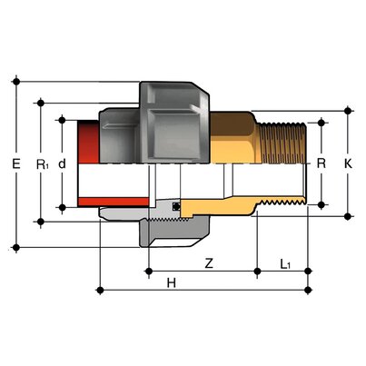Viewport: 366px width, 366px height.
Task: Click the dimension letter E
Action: click(x=15, y=164)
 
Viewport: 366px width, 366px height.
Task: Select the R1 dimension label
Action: click(x=41, y=164)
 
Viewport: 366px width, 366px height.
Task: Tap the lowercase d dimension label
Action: click(x=62, y=164)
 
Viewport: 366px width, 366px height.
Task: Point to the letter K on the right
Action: click(x=348, y=164)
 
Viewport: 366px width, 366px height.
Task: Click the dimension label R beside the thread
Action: click(x=321, y=164)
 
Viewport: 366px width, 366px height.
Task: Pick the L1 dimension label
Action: click(x=284, y=264)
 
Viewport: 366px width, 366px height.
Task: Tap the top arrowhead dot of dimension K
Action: click(x=348, y=111)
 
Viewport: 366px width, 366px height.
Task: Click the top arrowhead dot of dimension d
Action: click(x=62, y=118)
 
